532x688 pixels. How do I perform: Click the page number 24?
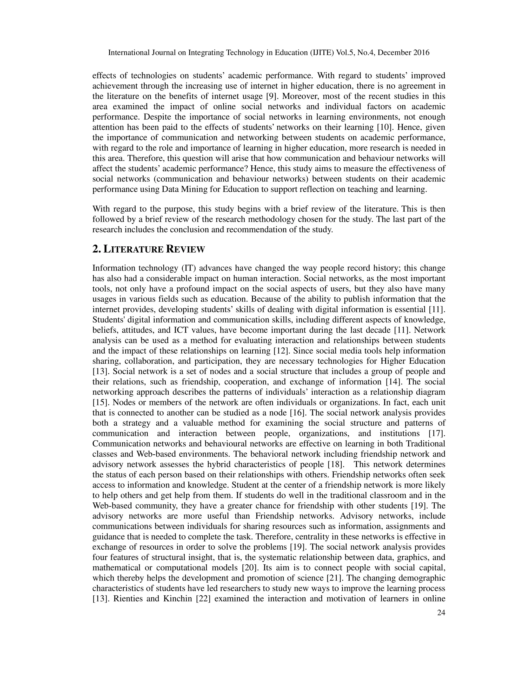point(441,613)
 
